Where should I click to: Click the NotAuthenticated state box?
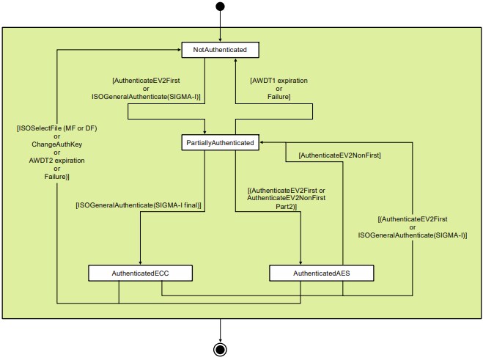[x=220, y=50]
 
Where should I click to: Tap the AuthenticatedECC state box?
[x=141, y=273]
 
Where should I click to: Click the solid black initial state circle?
[x=220, y=7]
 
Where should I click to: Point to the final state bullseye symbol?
[x=220, y=348]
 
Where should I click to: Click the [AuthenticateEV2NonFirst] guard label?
[x=340, y=155]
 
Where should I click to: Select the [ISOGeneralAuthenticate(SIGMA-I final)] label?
[x=139, y=205]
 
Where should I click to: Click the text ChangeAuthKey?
[x=46, y=145]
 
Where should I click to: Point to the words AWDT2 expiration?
[x=46, y=161]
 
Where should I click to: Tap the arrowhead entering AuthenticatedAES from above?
[x=301, y=262]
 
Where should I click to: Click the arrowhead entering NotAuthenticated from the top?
[x=220, y=40]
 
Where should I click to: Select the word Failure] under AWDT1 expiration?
[x=279, y=96]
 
